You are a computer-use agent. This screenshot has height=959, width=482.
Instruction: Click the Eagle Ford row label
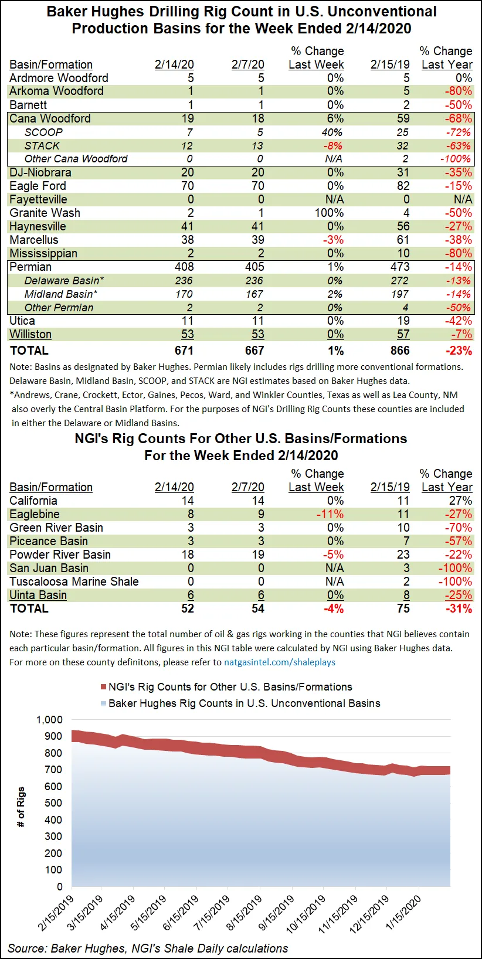[x=38, y=186]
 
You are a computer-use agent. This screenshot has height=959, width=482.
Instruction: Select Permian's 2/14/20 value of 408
[x=184, y=267]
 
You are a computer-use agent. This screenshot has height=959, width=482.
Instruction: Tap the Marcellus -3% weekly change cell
[x=335, y=240]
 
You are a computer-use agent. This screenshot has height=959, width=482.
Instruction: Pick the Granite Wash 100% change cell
[x=329, y=213]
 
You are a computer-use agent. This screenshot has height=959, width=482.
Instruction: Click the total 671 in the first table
[x=184, y=351]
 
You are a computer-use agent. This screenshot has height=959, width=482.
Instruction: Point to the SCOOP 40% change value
[x=332, y=132]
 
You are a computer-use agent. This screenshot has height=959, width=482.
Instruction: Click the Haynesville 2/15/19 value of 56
[x=403, y=226]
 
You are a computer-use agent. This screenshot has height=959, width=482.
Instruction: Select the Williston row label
[x=30, y=334]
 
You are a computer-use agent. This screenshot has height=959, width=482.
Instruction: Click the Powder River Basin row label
[x=60, y=555]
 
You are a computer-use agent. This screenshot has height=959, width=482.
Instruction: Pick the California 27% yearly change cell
[x=460, y=501]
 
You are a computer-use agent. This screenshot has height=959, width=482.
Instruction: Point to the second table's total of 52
[x=188, y=608]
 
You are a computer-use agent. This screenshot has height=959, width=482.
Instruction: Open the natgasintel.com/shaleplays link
[x=280, y=662]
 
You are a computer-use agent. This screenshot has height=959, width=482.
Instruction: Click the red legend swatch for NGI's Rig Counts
[x=104, y=687]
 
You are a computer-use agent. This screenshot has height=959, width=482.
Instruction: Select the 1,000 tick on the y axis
[x=49, y=720]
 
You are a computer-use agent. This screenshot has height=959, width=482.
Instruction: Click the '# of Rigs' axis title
[x=21, y=807]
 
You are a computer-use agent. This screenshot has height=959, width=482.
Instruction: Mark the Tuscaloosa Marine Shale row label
[x=74, y=581]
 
